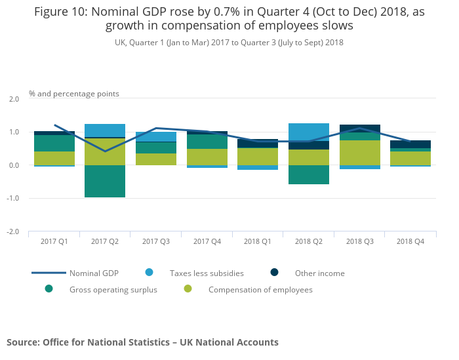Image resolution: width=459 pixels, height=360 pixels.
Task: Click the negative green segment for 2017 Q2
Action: (105, 181)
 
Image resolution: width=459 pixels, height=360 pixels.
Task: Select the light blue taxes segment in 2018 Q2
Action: (308, 132)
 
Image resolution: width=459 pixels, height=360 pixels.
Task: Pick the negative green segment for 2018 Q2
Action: (308, 174)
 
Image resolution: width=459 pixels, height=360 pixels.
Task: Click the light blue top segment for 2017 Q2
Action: (105, 130)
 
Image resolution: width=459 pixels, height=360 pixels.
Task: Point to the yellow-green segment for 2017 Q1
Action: (54, 158)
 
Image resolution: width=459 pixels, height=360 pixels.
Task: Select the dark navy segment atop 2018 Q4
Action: (410, 144)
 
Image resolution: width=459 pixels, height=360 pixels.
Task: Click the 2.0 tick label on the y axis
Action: (14, 99)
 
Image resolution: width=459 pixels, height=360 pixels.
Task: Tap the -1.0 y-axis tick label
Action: (13, 199)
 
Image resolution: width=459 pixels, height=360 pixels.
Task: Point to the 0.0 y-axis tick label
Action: (14, 165)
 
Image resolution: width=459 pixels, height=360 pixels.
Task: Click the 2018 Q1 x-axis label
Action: (258, 242)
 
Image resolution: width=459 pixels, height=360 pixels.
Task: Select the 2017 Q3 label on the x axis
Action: (156, 242)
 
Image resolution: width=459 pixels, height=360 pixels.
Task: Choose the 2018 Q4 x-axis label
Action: (410, 242)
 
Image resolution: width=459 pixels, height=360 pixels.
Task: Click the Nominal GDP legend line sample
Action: (49, 273)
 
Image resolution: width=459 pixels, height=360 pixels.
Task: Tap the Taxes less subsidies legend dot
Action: (150, 272)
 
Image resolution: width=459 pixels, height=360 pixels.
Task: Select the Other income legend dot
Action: (274, 272)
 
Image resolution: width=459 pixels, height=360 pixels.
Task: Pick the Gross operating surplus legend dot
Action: (49, 289)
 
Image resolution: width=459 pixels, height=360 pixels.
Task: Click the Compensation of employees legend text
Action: (260, 290)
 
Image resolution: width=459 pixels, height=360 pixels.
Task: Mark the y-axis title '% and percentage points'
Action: (74, 94)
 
